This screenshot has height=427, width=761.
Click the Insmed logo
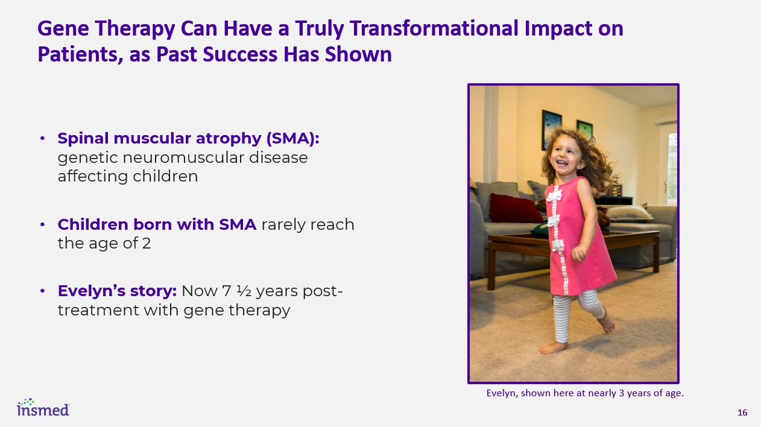43,407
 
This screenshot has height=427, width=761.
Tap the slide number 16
742,413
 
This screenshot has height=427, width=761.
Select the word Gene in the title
63,28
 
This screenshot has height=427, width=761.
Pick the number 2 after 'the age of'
147,244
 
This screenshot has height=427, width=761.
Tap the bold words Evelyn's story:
117,291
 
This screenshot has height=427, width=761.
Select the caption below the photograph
585,393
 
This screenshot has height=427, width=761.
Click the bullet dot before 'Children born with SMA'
42,224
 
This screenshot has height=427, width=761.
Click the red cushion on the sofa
514,208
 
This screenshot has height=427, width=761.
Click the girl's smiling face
565,157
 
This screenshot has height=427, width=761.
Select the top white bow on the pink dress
554,195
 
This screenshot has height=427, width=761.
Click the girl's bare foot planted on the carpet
554,347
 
